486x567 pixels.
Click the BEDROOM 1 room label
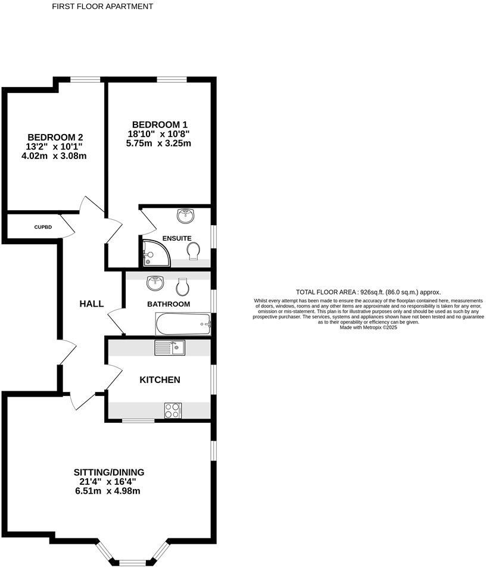(x=158, y=124)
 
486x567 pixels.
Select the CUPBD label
(x=43, y=227)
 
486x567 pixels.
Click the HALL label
(x=92, y=304)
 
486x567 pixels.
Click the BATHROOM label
(x=169, y=304)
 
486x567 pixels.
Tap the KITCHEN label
(x=160, y=379)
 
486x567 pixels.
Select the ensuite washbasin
(x=186, y=215)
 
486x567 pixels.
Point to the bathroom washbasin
(x=155, y=283)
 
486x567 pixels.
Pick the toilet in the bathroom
(x=182, y=286)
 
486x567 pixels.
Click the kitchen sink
(x=170, y=347)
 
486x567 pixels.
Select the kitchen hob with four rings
(x=173, y=410)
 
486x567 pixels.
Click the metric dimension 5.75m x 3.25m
(x=158, y=144)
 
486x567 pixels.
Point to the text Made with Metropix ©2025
(x=368, y=327)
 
